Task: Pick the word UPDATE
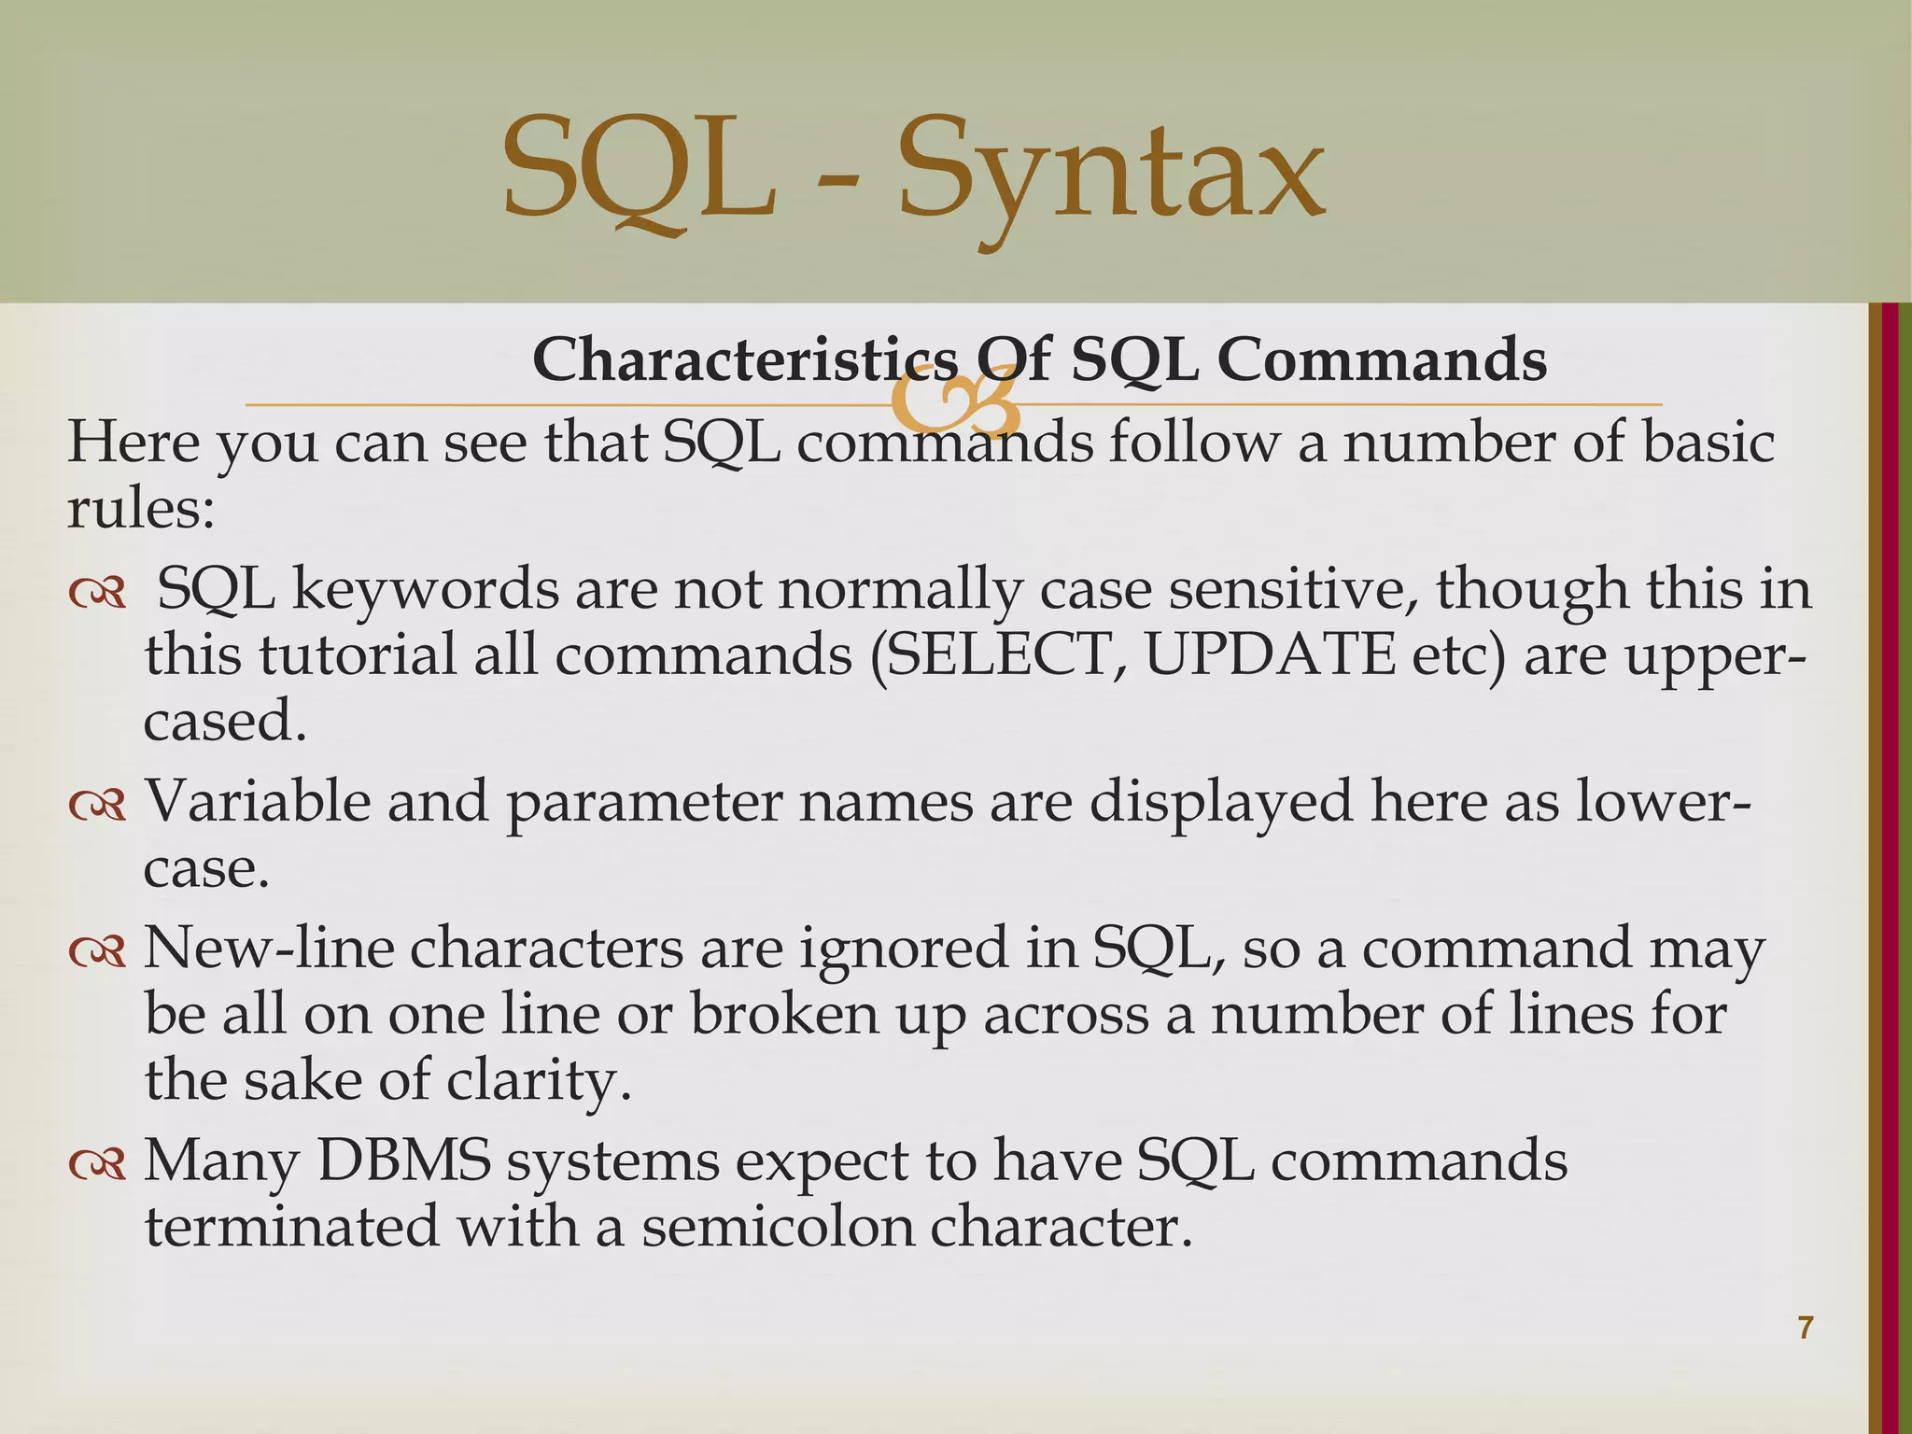coord(1270,655)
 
